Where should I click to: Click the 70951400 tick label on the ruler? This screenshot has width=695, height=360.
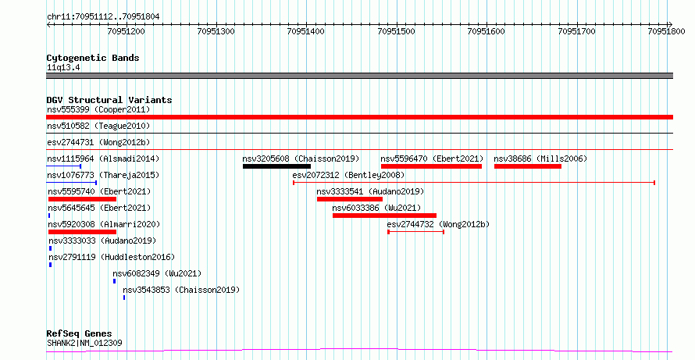tap(306, 31)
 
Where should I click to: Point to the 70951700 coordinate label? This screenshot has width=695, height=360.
tap(576, 31)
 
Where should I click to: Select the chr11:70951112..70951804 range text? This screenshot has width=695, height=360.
tap(103, 17)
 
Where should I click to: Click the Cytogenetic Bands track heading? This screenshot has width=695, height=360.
tap(93, 58)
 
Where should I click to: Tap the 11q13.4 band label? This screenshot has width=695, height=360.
tap(63, 68)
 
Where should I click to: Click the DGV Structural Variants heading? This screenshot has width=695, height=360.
tap(109, 100)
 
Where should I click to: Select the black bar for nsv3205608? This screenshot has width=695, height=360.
tap(276, 166)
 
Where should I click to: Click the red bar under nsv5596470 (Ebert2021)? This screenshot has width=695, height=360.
tap(431, 166)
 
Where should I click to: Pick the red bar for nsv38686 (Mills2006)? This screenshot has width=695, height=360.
tap(528, 166)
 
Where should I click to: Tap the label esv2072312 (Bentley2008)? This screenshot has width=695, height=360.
tap(348, 175)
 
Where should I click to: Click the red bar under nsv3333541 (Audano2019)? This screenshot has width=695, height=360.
tap(350, 199)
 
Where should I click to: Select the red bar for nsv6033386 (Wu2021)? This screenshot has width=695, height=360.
tap(385, 216)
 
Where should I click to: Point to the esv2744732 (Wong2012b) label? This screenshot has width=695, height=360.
tap(438, 224)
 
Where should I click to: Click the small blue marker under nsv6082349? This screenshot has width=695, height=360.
tap(114, 281)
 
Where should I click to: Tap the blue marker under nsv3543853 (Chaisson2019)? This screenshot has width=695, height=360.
tap(124, 298)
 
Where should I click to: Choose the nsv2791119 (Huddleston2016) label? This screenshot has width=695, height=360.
tap(112, 257)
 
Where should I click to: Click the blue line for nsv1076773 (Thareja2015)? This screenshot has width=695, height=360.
tap(71, 183)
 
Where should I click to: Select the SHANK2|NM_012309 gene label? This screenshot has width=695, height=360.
tap(84, 343)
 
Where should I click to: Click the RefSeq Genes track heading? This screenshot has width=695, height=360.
tap(80, 334)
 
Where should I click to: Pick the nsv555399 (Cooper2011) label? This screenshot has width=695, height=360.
tap(98, 109)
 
